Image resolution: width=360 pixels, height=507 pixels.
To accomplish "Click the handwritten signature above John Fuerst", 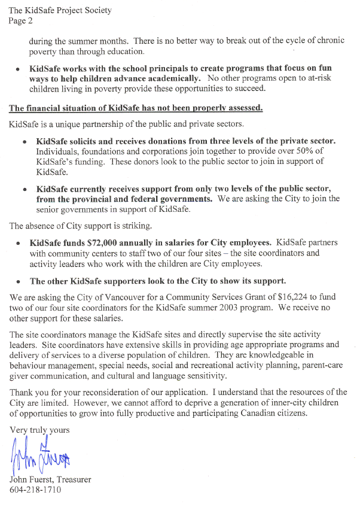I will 39,457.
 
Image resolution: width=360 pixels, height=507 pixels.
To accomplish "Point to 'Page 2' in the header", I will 21,20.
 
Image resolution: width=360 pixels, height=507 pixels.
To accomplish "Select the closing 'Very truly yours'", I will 39,430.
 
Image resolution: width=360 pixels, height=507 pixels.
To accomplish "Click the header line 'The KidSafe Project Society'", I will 60,11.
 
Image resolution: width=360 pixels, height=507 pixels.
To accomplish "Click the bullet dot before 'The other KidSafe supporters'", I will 20,281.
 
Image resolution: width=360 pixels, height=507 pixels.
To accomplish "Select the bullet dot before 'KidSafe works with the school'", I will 20,79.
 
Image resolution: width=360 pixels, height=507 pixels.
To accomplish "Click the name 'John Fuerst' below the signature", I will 32,480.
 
